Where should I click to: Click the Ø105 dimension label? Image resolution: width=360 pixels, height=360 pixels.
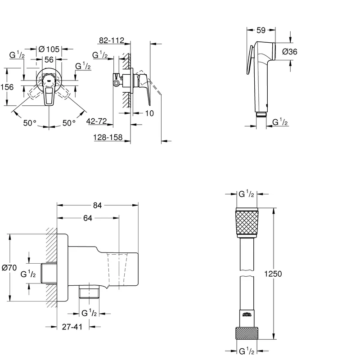[49, 49]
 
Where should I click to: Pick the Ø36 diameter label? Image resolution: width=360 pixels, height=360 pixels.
[290, 52]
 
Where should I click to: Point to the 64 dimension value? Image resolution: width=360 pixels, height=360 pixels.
[88, 219]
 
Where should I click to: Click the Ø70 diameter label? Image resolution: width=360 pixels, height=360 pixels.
[9, 268]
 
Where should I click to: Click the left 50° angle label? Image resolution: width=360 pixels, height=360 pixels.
[31, 123]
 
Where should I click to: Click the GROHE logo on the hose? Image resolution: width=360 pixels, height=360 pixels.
[247, 315]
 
